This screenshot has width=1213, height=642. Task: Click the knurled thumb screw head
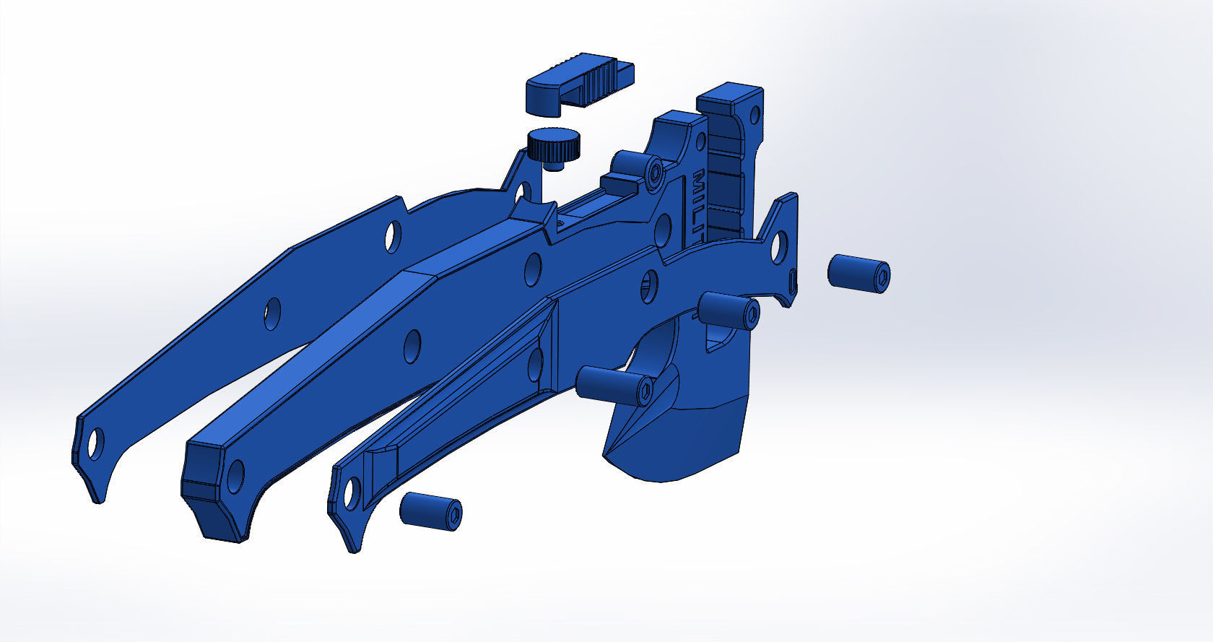pos(552,145)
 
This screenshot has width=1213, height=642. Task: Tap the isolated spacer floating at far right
pos(858,272)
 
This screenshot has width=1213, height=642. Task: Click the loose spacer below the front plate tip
pos(430,511)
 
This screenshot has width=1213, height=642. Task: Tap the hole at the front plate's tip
pos(352,493)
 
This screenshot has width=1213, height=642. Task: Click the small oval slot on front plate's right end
pos(793,279)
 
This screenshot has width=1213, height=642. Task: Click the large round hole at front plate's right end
pos(778,246)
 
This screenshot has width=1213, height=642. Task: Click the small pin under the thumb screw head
pos(554,166)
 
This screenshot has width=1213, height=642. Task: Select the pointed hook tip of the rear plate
pos(97,495)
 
